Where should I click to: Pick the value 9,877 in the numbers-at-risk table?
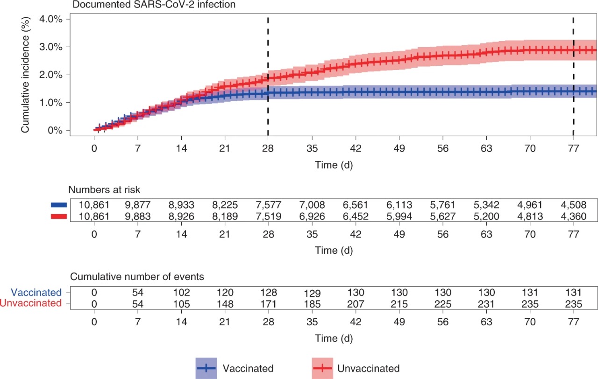point(137,204)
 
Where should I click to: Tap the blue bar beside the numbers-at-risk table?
point(59,204)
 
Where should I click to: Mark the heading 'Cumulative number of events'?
point(137,276)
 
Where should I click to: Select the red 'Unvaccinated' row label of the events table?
point(31,303)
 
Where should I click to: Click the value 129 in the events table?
point(312,294)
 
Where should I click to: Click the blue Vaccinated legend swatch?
point(206,368)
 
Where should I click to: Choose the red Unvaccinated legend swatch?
point(322,368)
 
